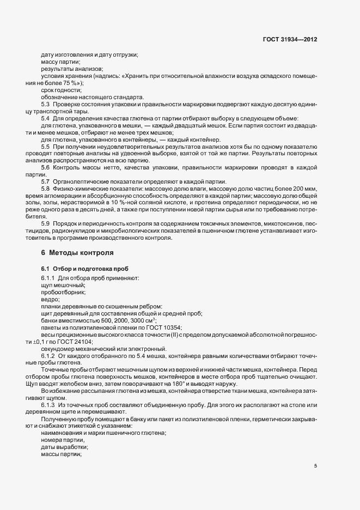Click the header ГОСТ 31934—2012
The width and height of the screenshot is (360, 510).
click(290, 40)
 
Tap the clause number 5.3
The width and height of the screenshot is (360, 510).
click(46, 104)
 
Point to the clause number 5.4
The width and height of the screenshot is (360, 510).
click(46, 118)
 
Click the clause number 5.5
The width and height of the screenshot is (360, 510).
click(46, 147)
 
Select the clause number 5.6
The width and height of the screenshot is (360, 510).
click(46, 168)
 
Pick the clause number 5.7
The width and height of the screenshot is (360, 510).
click(46, 181)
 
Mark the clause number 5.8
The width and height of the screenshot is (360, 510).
click(46, 189)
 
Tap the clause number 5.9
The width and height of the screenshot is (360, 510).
click(46, 223)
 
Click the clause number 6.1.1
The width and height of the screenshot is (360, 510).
click(48, 278)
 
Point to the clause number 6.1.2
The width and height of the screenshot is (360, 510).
click(48, 356)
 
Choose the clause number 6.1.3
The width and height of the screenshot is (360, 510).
click(48, 405)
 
